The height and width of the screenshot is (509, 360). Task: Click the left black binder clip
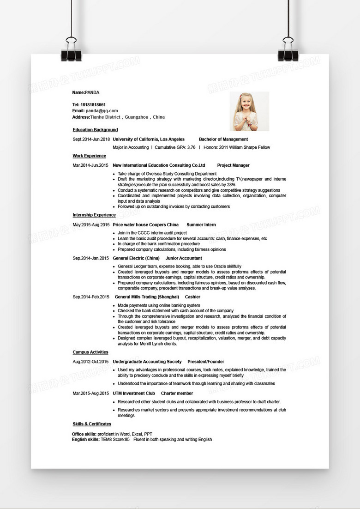tap(71, 51)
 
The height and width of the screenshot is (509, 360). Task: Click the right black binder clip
tap(288, 51)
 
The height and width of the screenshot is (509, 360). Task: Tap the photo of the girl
tap(249, 111)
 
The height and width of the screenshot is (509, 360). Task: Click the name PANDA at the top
tap(92, 93)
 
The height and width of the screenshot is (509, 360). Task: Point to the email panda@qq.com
tap(102, 111)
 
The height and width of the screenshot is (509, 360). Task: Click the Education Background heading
tap(95, 130)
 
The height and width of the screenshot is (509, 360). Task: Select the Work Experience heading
tap(89, 156)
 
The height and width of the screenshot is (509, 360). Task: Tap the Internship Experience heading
tap(94, 215)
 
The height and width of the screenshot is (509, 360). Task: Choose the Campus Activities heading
tap(90, 352)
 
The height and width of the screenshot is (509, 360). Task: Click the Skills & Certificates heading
tap(92, 424)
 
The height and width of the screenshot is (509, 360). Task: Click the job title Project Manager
tap(233, 165)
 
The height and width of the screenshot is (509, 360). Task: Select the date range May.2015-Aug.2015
tap(91, 225)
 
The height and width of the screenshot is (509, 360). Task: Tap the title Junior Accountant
tap(184, 258)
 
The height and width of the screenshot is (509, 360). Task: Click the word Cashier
tap(192, 297)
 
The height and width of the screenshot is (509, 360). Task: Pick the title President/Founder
tap(206, 362)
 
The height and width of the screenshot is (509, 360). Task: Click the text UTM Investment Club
tap(134, 394)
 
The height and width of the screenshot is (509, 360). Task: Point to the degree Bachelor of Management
tap(223, 139)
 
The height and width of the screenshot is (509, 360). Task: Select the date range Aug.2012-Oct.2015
tap(90, 362)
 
